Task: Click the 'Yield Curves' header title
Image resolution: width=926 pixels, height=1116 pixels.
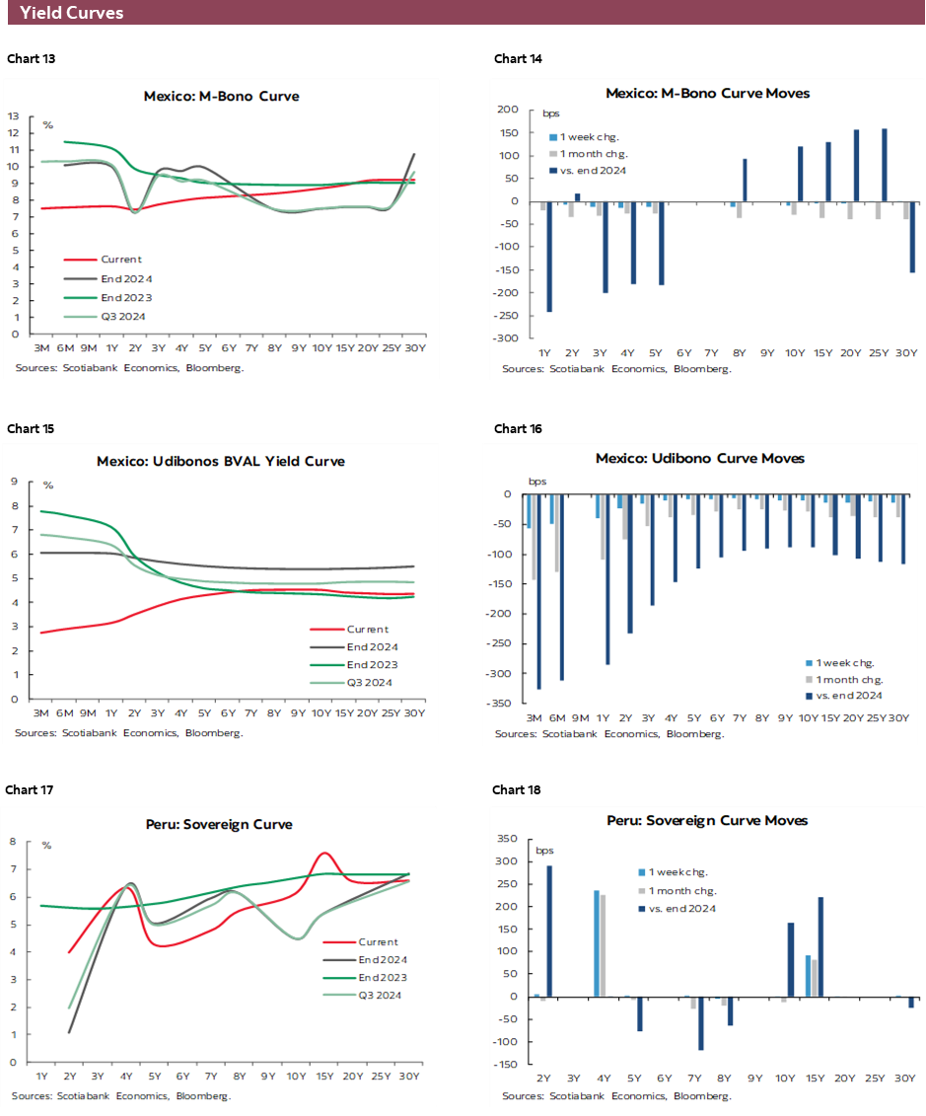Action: tap(72, 13)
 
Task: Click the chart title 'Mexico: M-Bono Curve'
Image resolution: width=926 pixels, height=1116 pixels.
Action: tap(221, 97)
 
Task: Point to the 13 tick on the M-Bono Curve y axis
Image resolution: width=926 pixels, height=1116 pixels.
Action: tap(14, 116)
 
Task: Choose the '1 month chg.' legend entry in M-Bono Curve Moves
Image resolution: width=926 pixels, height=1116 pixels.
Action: tap(594, 154)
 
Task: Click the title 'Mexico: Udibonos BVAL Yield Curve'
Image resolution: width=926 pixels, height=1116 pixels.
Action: tap(221, 461)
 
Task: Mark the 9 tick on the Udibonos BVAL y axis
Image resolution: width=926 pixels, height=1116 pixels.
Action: tap(15, 482)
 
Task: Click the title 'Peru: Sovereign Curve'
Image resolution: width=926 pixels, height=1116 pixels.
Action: tap(221, 824)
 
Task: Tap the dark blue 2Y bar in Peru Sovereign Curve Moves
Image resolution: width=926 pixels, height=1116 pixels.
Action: tap(549, 931)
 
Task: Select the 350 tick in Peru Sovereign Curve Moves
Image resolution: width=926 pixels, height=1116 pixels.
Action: tap(507, 839)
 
